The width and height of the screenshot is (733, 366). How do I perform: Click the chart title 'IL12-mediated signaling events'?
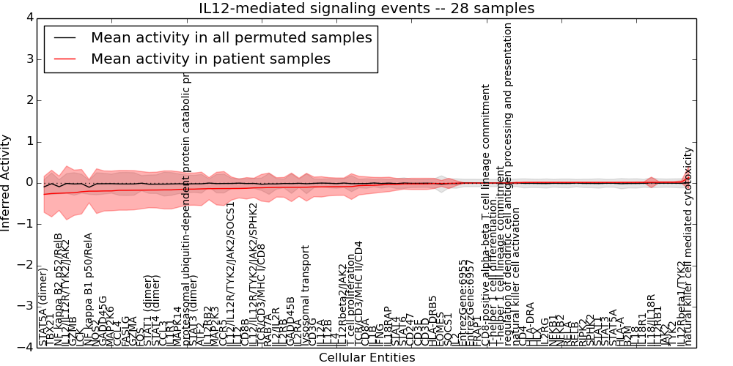366,9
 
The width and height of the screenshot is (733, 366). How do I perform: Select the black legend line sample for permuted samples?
65,37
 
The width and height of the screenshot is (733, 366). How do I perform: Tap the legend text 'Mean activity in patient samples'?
210,59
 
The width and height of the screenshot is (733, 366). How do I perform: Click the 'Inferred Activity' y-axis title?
7,182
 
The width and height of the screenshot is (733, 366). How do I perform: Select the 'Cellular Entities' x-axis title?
366,358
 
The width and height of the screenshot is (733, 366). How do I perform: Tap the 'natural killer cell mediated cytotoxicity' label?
688,246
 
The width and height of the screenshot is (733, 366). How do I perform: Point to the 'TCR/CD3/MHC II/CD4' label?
358,293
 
